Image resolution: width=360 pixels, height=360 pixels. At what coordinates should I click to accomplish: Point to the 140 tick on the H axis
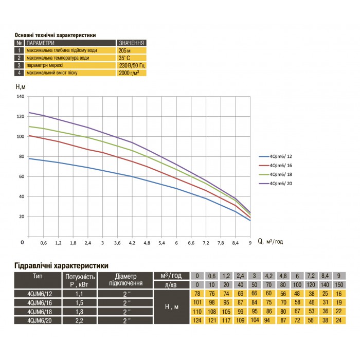coord(20,97)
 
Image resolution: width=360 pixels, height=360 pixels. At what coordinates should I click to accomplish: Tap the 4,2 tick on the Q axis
coord(132,242)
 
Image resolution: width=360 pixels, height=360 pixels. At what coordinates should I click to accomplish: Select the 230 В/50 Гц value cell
coord(132,66)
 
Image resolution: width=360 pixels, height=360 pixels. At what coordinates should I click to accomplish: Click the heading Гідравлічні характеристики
coord(60,266)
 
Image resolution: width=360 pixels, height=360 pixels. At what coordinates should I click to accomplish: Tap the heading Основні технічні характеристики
coord(55,35)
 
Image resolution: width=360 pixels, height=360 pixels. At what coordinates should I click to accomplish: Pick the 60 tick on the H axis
coord(21,176)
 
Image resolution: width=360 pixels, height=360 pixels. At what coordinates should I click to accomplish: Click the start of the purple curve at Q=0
coord(29,112)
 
